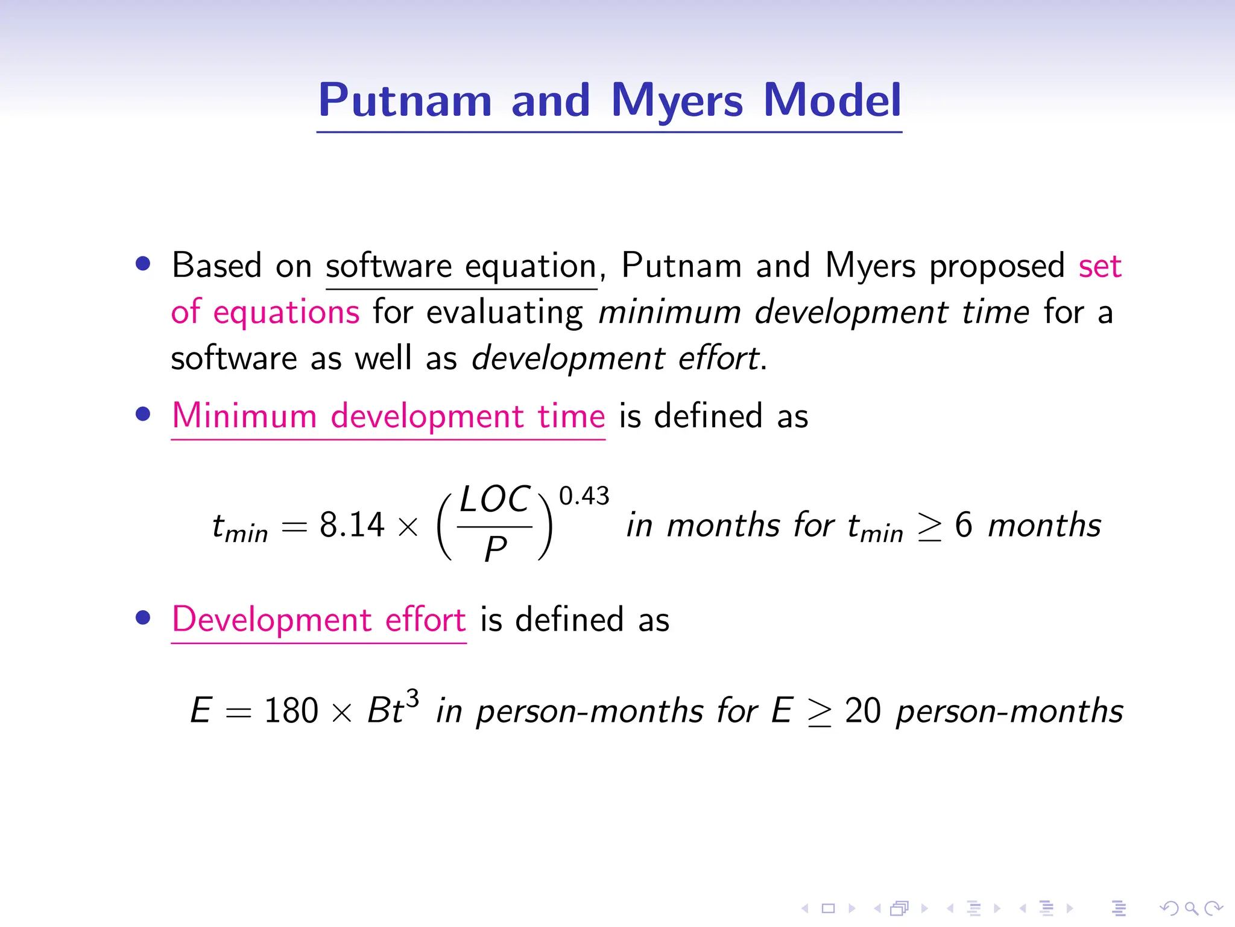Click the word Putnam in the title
click(x=405, y=100)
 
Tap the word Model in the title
click(x=832, y=100)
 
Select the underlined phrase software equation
click(x=461, y=266)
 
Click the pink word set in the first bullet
click(x=1100, y=266)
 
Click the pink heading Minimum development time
click(x=388, y=416)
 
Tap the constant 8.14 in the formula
click(x=352, y=524)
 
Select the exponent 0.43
click(x=584, y=496)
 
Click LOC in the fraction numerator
click(x=494, y=500)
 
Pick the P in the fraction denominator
click(x=495, y=549)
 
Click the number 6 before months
click(x=963, y=524)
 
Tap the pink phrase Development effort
click(x=319, y=620)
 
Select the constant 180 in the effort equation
click(x=291, y=710)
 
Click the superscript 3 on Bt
click(x=412, y=698)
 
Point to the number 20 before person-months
click(x=863, y=710)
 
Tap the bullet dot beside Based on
click(x=143, y=264)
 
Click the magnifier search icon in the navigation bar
click(x=1191, y=908)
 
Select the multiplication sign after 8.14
click(x=408, y=527)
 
